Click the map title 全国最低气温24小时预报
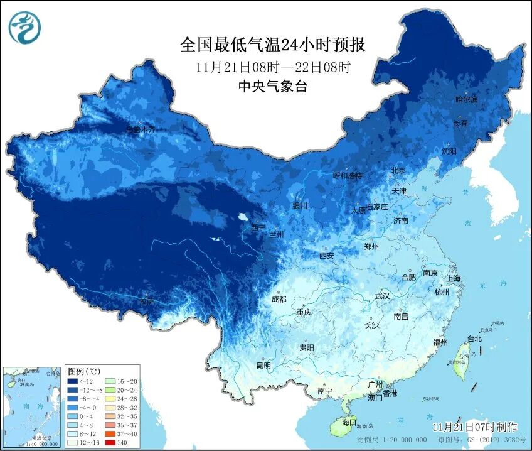click(272, 45)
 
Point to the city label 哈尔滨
click(466, 100)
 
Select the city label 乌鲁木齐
click(140, 129)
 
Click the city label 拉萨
click(147, 302)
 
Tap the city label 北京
click(398, 171)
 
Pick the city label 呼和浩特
click(348, 176)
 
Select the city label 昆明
click(263, 366)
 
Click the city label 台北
click(474, 339)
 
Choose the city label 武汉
click(381, 295)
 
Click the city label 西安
click(326, 256)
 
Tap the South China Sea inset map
click(31, 407)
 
